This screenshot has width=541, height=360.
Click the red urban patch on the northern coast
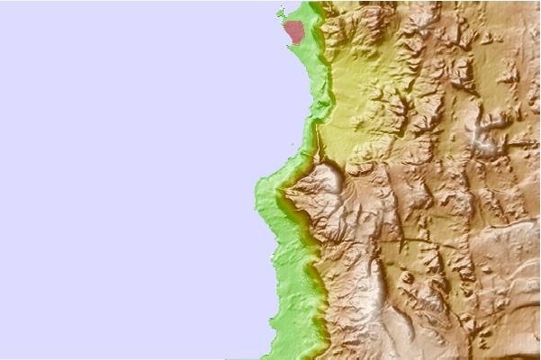click(293, 32)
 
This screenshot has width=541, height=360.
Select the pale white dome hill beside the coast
click(329, 176)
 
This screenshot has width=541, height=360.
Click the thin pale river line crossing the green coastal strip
click(317, 144)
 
